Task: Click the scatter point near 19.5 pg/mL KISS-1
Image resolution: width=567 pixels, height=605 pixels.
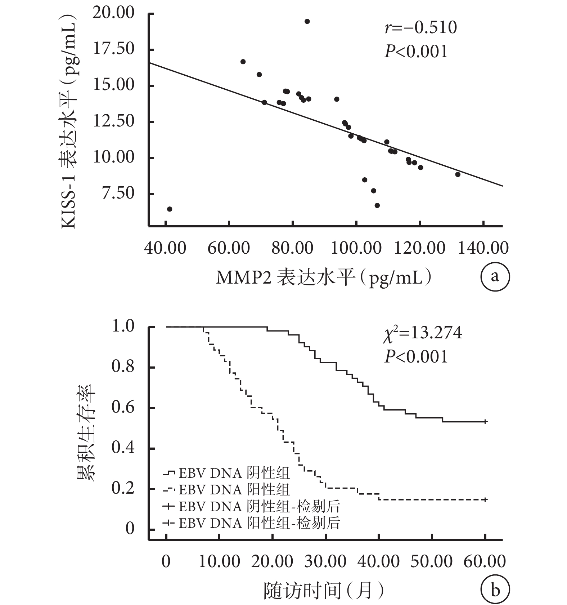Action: (307, 21)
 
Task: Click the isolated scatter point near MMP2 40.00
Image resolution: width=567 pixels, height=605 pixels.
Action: (170, 209)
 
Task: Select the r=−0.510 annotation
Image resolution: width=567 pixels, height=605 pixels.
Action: (421, 28)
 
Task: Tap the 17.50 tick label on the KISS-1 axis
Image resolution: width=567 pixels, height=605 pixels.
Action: (114, 49)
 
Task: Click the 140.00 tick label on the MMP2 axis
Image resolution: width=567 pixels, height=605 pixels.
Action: (483, 248)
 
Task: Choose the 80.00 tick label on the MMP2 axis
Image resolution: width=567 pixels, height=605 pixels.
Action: (292, 248)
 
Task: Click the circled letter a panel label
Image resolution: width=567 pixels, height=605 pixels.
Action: (495, 277)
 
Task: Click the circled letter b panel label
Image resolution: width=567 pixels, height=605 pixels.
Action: (495, 590)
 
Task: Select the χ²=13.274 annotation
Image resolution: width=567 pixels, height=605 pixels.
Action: (422, 333)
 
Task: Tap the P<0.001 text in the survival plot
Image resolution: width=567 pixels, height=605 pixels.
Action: (416, 357)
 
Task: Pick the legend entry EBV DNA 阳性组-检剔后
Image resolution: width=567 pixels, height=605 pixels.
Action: (251, 523)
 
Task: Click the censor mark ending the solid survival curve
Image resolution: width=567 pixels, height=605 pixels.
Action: (485, 422)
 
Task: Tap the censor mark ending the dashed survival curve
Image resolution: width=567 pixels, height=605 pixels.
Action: (485, 499)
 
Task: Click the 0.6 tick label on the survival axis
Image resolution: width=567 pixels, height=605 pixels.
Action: (123, 407)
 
